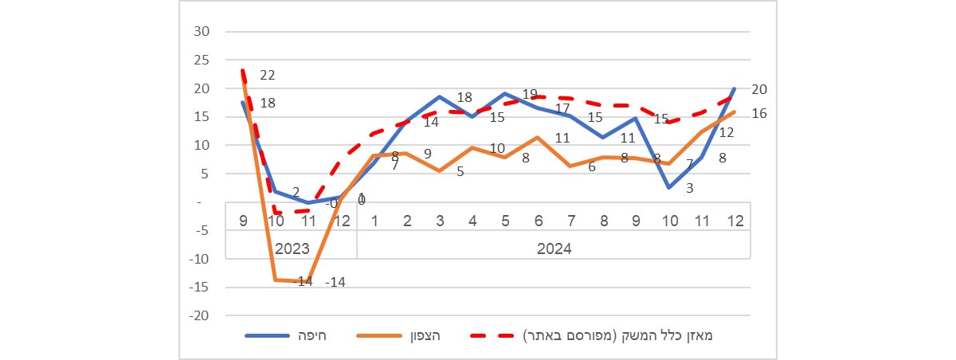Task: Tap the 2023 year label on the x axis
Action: tap(292, 248)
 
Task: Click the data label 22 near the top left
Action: tap(267, 76)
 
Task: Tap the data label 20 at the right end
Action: tap(758, 89)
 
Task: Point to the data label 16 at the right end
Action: tap(758, 114)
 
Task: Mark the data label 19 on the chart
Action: tap(530, 95)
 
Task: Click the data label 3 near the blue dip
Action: tap(667, 188)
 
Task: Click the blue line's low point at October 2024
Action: tap(668, 188)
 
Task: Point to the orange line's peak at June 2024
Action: tap(539, 138)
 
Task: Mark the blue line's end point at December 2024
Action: tap(734, 88)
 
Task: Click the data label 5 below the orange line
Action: tap(460, 171)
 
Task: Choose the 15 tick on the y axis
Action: tap(202, 117)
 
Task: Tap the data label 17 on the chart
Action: tap(562, 108)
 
